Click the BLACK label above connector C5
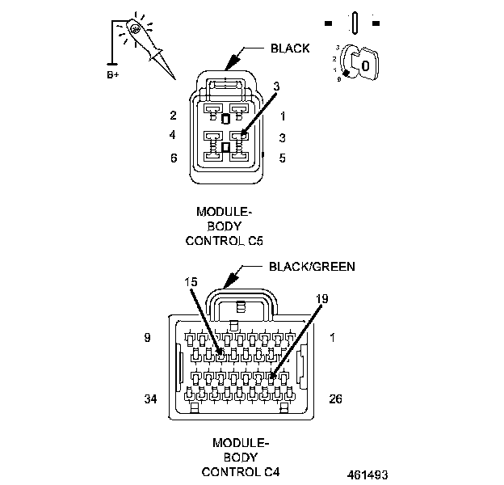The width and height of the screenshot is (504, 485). point(290,48)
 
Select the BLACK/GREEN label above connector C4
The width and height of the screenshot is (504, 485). point(312,265)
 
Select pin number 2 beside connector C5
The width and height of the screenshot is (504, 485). point(173,116)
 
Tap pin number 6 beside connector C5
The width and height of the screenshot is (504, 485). point(173,158)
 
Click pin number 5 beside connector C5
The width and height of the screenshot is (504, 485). point(282,158)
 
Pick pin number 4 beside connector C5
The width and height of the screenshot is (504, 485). point(173,135)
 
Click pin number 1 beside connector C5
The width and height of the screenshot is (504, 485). point(282,116)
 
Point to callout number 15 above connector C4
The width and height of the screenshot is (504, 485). point(191,282)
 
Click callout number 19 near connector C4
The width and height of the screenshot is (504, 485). point(321,299)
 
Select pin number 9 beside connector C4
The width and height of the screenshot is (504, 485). point(147,338)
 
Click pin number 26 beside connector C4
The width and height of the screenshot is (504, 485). point(338,399)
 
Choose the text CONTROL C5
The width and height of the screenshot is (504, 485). point(225,240)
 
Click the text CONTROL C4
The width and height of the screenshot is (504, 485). point(240,471)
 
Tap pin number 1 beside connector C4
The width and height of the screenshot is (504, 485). point(332,338)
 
